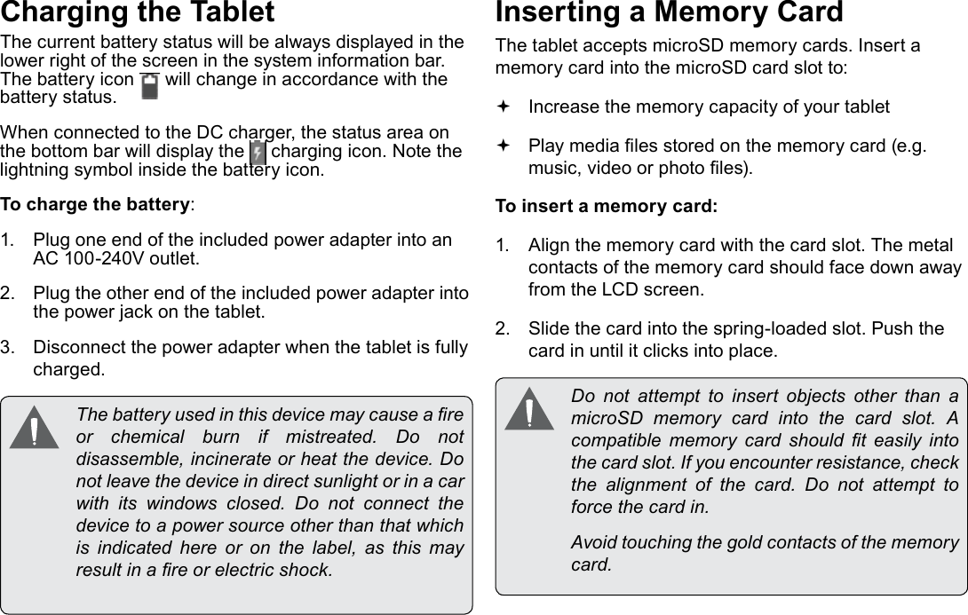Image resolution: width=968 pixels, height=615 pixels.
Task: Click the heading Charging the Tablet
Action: pyautogui.click(x=138, y=13)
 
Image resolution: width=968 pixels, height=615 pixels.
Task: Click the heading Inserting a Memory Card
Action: pyautogui.click(x=669, y=13)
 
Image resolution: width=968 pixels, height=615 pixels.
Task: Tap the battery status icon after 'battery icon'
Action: pyautogui.click(x=149, y=86)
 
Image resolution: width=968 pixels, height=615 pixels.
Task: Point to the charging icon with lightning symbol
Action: pyautogui.click(x=258, y=152)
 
